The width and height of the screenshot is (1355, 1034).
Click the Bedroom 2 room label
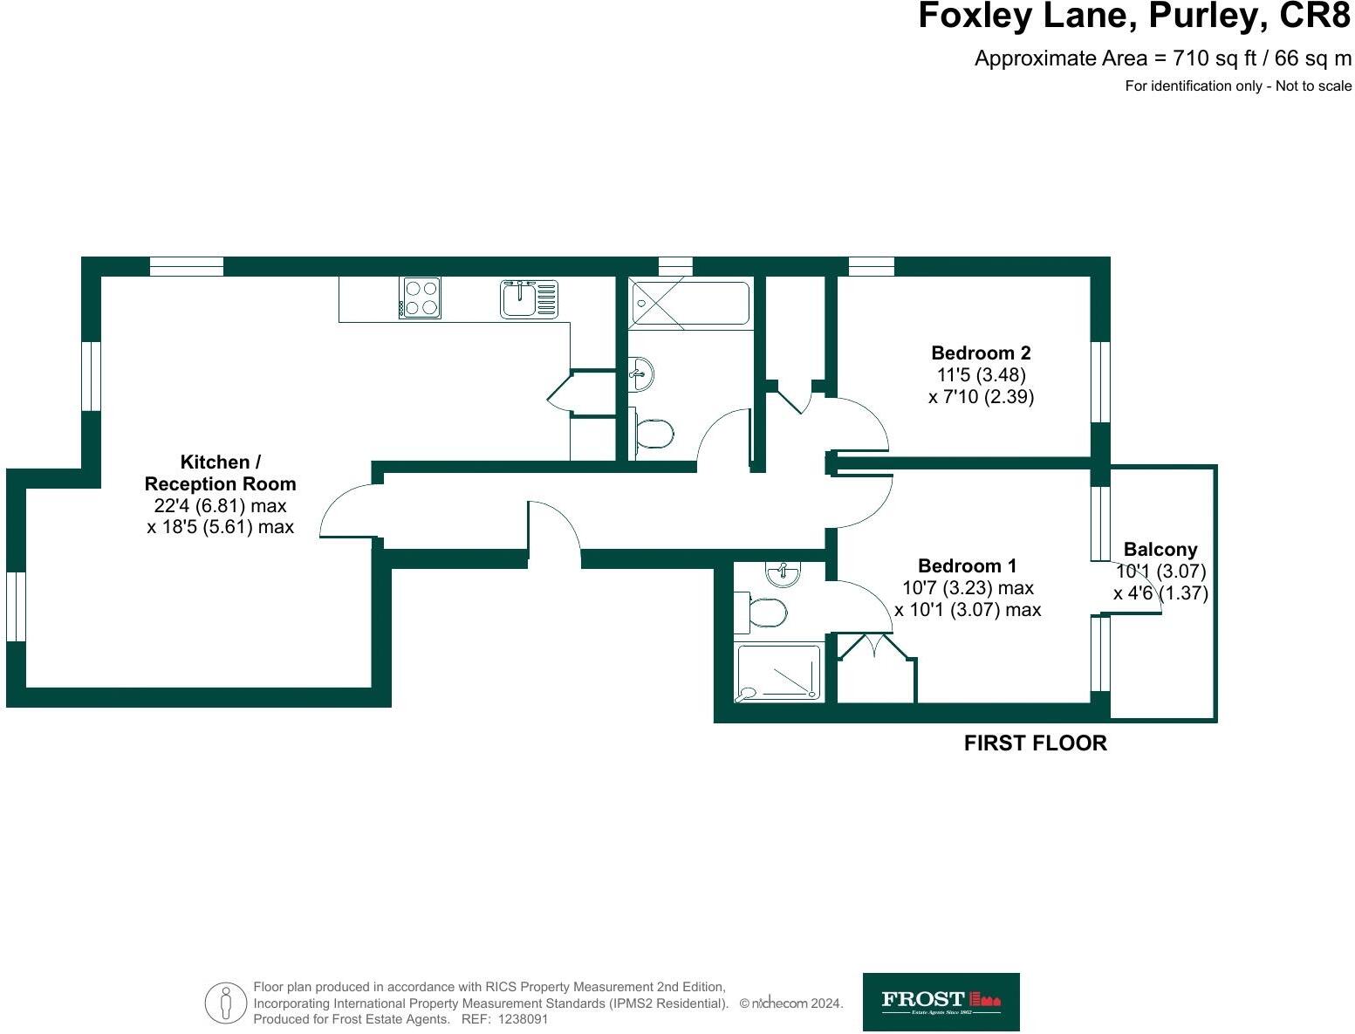981,353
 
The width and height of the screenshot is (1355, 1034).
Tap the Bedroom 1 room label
967,565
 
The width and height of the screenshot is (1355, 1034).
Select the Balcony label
1160,550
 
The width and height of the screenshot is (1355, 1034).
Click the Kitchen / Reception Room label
220,473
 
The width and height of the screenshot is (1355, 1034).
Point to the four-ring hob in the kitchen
421,298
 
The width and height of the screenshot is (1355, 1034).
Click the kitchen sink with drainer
528,298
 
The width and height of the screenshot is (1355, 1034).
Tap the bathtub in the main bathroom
689,303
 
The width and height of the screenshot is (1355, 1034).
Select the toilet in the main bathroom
652,433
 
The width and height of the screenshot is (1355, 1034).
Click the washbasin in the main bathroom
640,374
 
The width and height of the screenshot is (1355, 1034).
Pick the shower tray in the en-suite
778,672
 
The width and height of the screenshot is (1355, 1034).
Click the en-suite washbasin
784,573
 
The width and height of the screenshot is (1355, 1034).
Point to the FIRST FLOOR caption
1035,743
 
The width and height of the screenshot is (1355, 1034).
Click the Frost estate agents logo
941,1002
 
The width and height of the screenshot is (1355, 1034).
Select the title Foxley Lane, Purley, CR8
1133,17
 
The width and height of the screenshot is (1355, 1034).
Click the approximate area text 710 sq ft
1162,58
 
